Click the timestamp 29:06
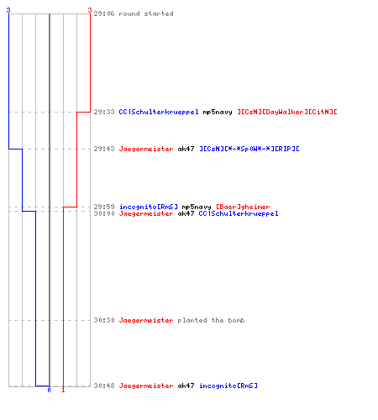click(104, 13)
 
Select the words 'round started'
click(146, 13)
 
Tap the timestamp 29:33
click(104, 112)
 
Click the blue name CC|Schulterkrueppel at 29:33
click(159, 112)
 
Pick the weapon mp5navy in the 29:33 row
click(218, 113)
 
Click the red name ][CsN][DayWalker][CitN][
click(287, 112)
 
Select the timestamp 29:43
click(104, 149)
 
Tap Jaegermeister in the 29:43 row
click(146, 149)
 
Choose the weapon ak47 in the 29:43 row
click(186, 149)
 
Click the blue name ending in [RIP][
click(249, 149)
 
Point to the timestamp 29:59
click(104, 207)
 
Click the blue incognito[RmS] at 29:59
click(149, 207)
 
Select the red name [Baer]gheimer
click(243, 207)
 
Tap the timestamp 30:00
click(104, 213)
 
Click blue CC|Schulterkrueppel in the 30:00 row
click(239, 213)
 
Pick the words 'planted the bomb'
click(211, 320)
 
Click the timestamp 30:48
click(104, 386)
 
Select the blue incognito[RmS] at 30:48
click(228, 386)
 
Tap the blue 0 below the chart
click(49, 390)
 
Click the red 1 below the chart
click(63, 390)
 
